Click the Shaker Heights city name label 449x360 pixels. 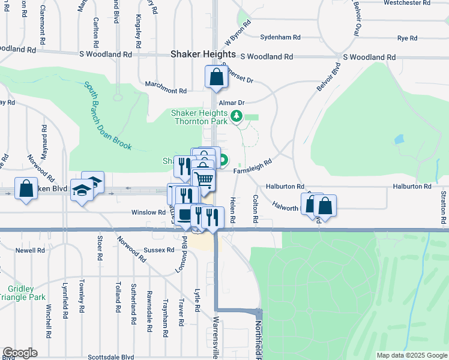coord(198,53)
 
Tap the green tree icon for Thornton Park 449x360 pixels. coord(237,116)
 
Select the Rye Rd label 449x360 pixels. coord(407,38)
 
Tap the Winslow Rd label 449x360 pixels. coord(149,212)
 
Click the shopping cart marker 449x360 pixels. coord(204,179)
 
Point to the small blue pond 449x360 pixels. coord(399,140)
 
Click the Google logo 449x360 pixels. coord(20,353)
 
